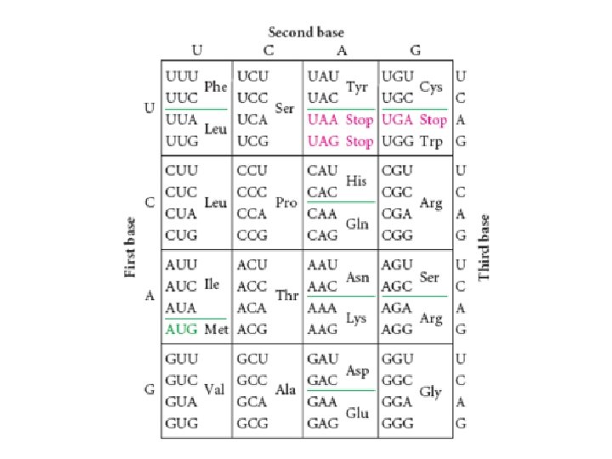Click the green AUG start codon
[179, 328]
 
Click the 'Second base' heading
[306, 32]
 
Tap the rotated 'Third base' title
[484, 247]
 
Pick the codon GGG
[398, 422]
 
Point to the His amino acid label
[356, 181]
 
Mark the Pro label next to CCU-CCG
[286, 203]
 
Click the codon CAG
[324, 234]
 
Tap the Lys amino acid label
[356, 317]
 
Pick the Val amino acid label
[214, 388]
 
